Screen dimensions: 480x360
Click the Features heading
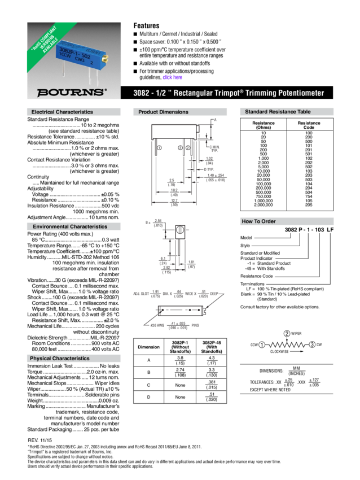click(x=146, y=25)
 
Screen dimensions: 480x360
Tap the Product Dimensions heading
click(x=164, y=112)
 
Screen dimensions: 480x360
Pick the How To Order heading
click(x=258, y=221)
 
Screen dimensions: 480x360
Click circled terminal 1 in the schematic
click(x=262, y=344)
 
